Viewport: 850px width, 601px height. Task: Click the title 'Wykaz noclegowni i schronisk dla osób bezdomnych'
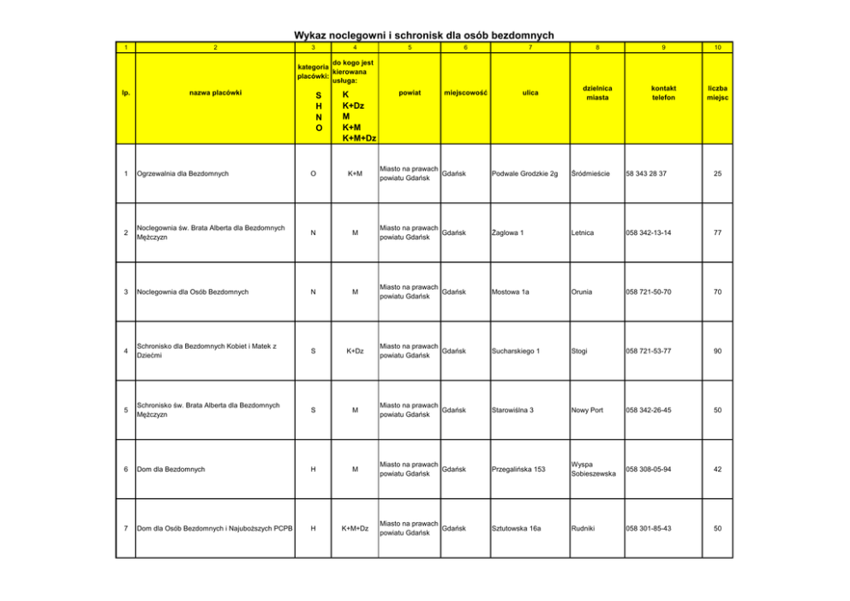pos(424,35)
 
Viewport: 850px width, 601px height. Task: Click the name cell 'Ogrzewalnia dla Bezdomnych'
pos(183,174)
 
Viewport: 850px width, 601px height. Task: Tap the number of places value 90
pos(718,352)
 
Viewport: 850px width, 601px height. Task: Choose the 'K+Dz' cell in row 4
pos(355,352)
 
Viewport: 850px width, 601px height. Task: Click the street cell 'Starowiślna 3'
pos(513,411)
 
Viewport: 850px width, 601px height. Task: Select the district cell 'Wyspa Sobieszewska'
pos(593,469)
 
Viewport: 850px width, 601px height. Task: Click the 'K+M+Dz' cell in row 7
pos(355,529)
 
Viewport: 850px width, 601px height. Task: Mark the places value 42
pos(718,470)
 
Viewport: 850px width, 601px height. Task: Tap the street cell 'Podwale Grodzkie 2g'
pos(525,174)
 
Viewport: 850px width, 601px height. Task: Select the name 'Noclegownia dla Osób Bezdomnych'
pos(193,292)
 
